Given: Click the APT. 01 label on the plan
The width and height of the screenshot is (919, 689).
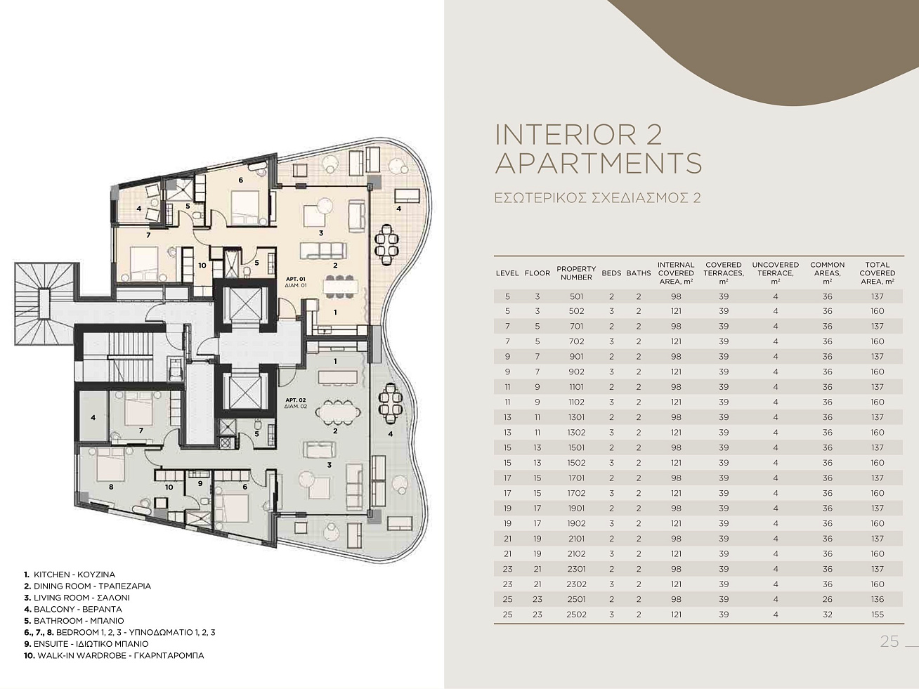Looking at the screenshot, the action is coord(296,279).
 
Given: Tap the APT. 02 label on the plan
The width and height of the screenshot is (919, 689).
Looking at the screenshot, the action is coord(296,400).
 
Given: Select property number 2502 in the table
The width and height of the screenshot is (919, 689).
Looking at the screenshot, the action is coord(577,615).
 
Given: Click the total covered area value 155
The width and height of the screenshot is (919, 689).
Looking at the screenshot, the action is coord(877,615).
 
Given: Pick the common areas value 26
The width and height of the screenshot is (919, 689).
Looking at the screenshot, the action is coord(827,599).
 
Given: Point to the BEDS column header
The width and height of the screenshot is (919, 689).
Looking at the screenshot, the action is coord(611,273).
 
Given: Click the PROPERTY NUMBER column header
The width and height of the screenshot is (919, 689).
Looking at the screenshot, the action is coord(576,273).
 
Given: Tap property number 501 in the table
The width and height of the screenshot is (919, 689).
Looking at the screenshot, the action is coord(577,296).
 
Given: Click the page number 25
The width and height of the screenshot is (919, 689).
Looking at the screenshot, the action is coord(889,641).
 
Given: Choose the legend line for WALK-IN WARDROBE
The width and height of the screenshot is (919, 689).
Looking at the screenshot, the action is coord(114,655).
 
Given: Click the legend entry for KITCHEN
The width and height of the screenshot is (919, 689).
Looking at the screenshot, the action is coord(70,575).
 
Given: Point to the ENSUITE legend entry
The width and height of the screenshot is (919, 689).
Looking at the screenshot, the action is coord(86,644).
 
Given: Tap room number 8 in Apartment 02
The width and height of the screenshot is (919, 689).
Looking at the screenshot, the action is coord(111,487).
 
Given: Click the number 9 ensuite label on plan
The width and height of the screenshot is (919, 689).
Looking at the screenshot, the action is coord(200,483).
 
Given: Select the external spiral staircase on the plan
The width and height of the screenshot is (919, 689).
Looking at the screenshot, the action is coord(46,303).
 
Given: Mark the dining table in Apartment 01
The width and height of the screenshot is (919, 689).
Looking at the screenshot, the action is coord(341,286).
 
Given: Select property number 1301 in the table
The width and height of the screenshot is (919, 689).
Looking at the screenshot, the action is coord(577,417).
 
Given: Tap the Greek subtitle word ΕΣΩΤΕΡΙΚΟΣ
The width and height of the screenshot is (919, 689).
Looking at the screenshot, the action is coord(540,197).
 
